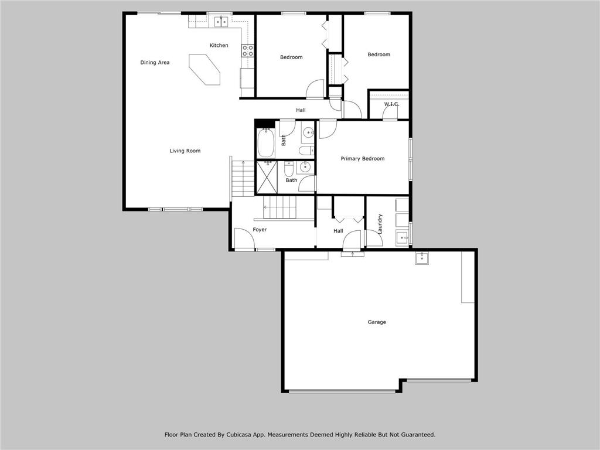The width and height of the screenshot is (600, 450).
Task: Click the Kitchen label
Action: (219, 45)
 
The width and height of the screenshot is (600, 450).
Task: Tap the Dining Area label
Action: (155, 62)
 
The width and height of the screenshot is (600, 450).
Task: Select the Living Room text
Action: (185, 151)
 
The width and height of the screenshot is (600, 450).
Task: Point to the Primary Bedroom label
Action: (363, 158)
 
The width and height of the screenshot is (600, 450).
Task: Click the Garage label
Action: (377, 322)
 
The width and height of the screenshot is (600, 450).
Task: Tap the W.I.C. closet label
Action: (392, 104)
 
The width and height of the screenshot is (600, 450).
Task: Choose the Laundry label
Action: (380, 224)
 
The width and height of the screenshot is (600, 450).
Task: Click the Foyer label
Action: (260, 230)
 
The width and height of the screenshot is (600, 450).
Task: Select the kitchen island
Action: (204, 69)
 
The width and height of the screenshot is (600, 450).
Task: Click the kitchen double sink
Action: (221, 22)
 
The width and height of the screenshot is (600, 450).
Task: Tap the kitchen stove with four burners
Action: (248, 50)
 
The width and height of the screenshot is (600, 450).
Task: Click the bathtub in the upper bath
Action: (265, 143)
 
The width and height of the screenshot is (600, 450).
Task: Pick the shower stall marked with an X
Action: (267, 178)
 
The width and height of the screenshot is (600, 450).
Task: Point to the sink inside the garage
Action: (422, 258)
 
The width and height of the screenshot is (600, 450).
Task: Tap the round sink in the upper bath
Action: (308, 133)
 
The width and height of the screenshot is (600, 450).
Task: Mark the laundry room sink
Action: (403, 238)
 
